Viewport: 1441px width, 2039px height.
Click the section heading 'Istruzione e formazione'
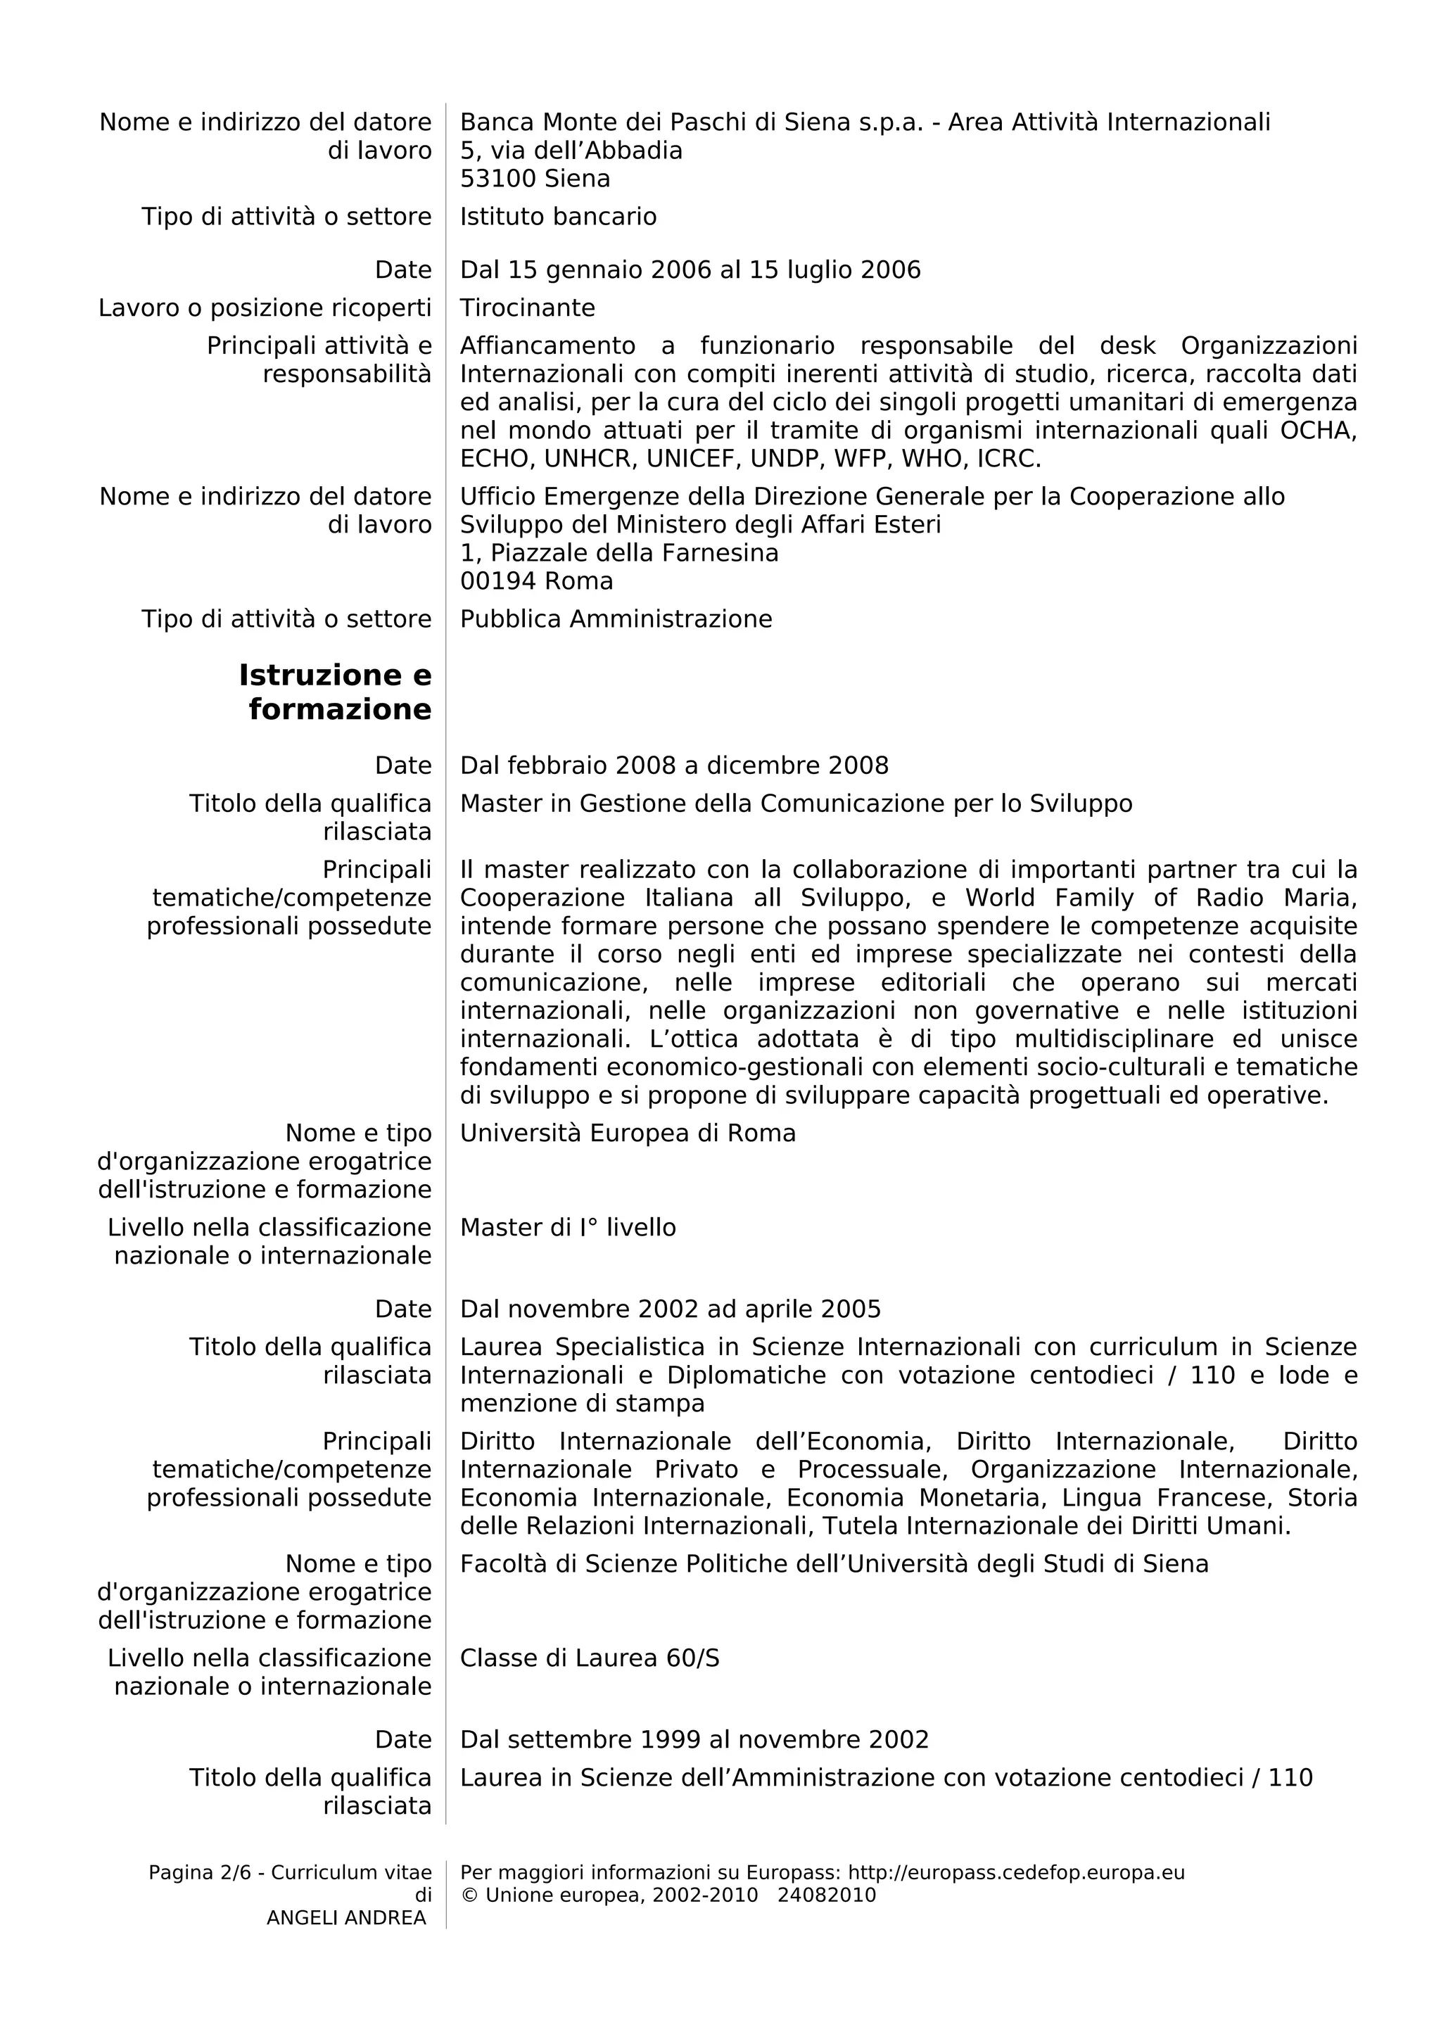(336, 692)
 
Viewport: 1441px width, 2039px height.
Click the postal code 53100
(498, 179)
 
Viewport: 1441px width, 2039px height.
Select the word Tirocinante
(528, 307)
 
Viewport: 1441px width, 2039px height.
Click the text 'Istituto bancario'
(557, 217)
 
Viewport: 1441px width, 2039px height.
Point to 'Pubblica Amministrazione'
(615, 619)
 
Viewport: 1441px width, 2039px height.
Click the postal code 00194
(498, 580)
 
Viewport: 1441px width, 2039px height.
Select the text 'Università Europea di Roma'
(627, 1133)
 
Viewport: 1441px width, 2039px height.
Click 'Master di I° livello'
(567, 1227)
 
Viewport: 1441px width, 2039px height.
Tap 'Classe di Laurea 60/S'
(589, 1658)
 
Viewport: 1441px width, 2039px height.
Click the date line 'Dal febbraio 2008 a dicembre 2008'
(674, 766)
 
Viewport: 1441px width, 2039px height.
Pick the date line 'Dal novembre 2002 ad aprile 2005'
(669, 1309)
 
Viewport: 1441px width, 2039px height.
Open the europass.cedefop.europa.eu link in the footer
(1016, 1872)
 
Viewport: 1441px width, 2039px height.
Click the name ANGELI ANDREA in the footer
(346, 1917)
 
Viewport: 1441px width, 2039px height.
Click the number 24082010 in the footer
(826, 1895)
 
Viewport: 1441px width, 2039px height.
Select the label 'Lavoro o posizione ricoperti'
(265, 307)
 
